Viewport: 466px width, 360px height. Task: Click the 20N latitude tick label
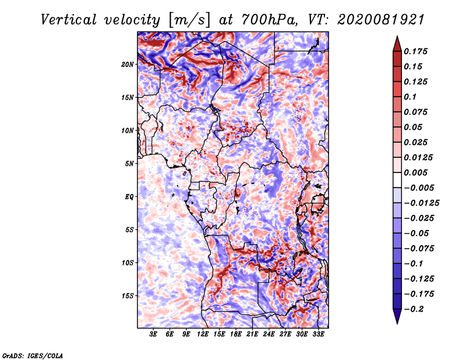[x=128, y=65]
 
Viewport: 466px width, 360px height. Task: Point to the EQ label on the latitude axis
[x=129, y=197]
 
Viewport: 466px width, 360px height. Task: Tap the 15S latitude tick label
[x=128, y=296]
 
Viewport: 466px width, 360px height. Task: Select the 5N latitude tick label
[x=129, y=164]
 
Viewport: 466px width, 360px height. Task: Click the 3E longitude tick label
[x=153, y=334]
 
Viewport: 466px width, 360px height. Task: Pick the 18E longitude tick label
[x=236, y=334]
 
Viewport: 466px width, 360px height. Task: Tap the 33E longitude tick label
[x=318, y=334]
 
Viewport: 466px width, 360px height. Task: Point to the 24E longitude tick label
[x=269, y=334]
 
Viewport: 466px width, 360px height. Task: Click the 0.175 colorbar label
[x=415, y=51]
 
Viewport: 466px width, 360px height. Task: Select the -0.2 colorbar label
[x=414, y=309]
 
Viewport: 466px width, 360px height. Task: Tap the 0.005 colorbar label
[x=415, y=172]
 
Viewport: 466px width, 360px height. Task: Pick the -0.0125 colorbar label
[x=421, y=203]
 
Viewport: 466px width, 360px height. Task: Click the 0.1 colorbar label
[x=410, y=97]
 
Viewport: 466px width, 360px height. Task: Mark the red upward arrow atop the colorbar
[x=397, y=44]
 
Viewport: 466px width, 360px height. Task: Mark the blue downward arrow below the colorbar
[x=397, y=316]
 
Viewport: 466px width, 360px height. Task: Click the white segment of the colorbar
[x=397, y=180]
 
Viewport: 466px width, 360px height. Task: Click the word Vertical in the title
[x=69, y=20]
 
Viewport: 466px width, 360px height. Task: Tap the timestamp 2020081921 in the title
[x=381, y=20]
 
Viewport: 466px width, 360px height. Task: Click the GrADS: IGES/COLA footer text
[x=33, y=356]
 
